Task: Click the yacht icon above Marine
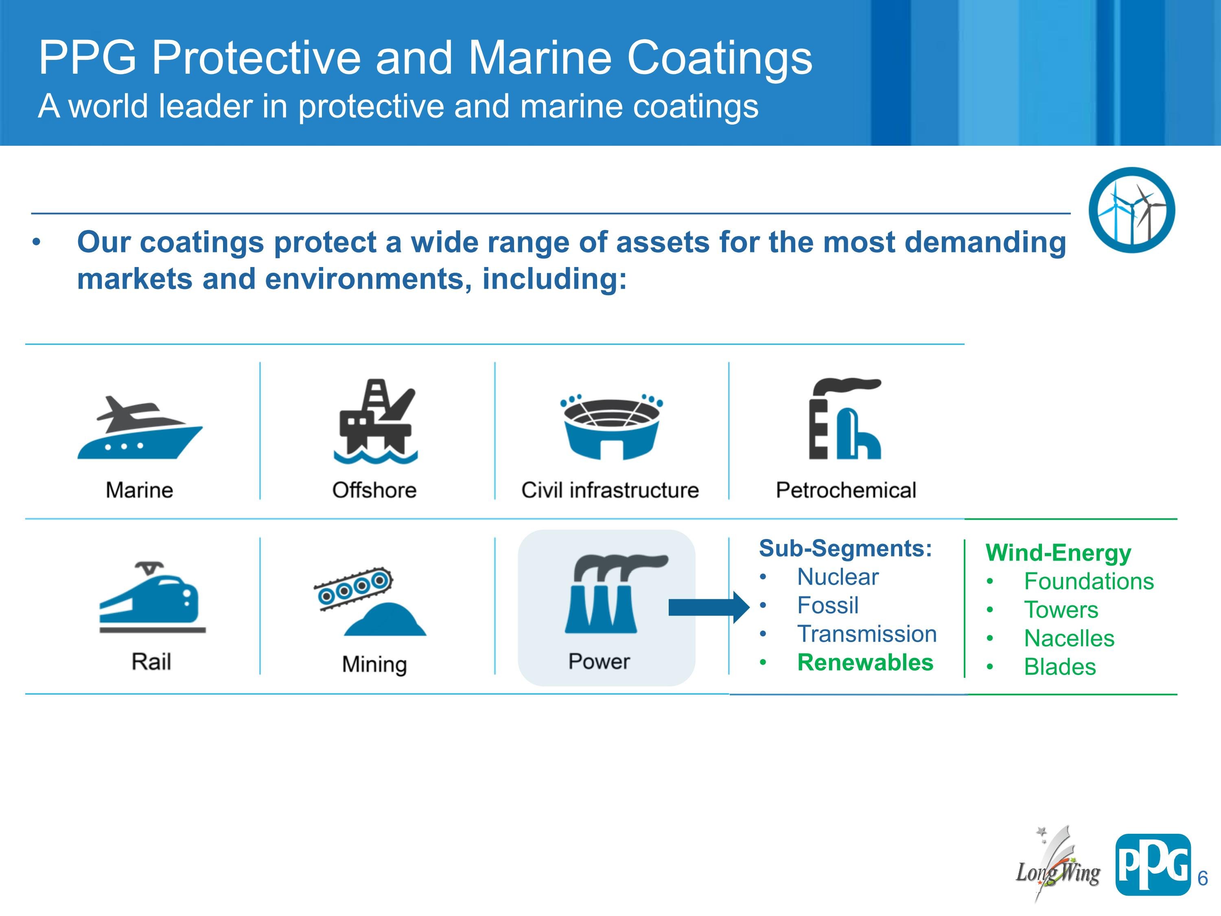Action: (x=140, y=427)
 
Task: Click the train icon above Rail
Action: (x=152, y=597)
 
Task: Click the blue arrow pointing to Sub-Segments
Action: (x=709, y=607)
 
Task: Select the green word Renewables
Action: (x=865, y=662)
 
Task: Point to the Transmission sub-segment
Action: (x=867, y=634)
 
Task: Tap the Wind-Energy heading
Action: (x=1058, y=553)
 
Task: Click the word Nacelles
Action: (x=1069, y=638)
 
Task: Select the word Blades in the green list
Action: (x=1060, y=667)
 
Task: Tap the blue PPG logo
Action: (x=1153, y=865)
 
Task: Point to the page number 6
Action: (x=1203, y=878)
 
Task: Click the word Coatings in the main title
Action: (x=720, y=59)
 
